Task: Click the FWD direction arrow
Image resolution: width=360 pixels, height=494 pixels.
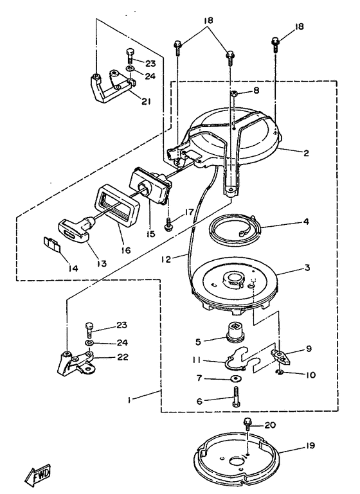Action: tap(37, 474)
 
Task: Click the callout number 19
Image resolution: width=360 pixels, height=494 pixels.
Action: tap(310, 445)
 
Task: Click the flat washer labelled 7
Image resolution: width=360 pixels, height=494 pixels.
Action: tap(235, 378)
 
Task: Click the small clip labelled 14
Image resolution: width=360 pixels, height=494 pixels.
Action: tap(52, 244)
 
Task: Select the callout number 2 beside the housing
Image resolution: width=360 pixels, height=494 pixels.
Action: tap(306, 153)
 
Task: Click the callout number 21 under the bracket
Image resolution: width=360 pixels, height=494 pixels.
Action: tap(145, 101)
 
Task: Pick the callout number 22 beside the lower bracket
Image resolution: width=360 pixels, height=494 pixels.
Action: tap(123, 357)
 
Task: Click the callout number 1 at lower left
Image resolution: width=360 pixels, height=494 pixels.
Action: tap(129, 400)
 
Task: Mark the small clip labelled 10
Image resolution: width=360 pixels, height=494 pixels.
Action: tap(280, 373)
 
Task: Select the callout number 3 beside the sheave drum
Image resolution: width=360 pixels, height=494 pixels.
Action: tap(307, 267)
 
